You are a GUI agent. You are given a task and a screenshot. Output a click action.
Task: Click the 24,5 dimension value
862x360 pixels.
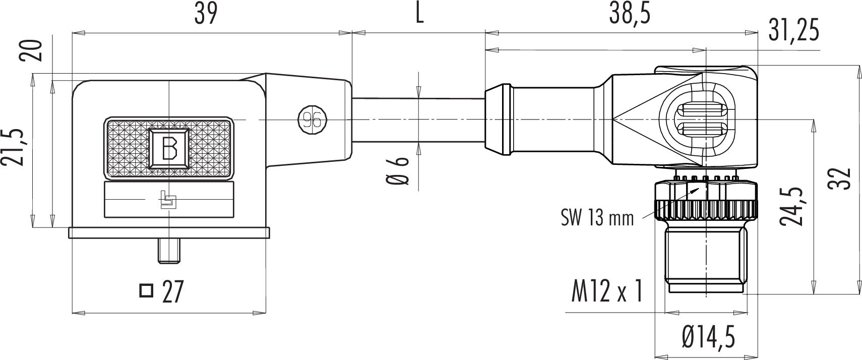click(x=791, y=206)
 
